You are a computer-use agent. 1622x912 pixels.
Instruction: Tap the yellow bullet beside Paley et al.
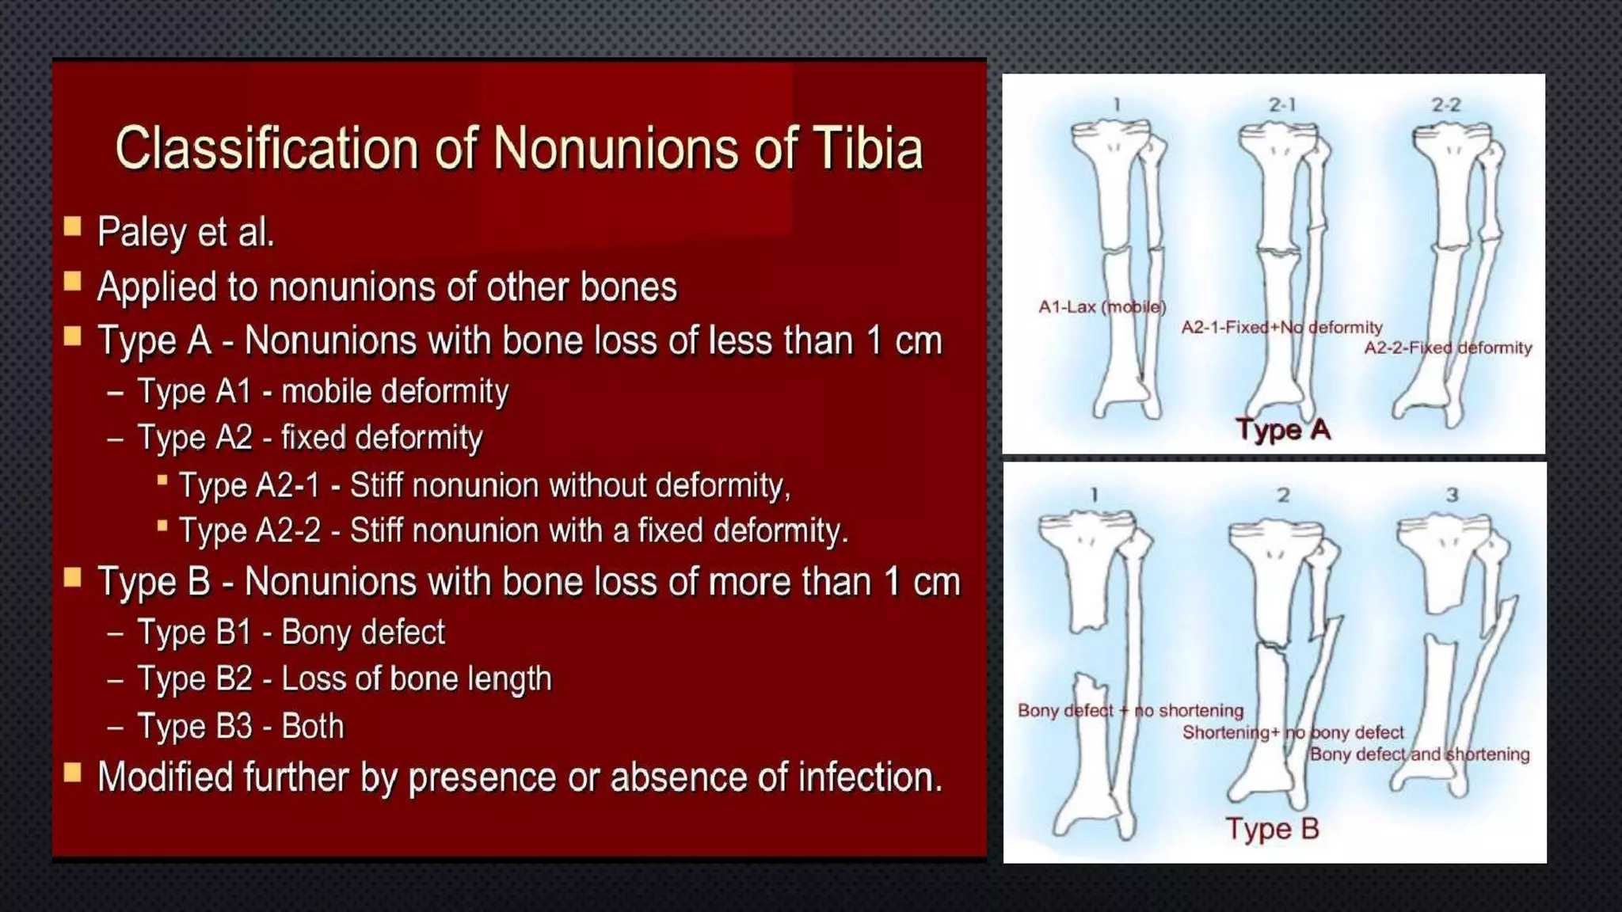click(x=73, y=228)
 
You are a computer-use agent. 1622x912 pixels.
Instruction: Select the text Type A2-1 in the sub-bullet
click(x=249, y=485)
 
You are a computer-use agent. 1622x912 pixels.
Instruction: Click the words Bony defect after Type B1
click(x=363, y=633)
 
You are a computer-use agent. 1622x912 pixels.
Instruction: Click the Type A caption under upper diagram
click(x=1282, y=430)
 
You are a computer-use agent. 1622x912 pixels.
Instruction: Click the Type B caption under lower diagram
click(x=1272, y=829)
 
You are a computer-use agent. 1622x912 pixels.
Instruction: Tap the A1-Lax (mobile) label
click(x=1102, y=307)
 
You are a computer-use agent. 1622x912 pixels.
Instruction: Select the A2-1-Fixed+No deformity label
click(x=1281, y=328)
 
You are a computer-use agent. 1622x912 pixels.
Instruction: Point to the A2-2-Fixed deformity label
click(x=1447, y=348)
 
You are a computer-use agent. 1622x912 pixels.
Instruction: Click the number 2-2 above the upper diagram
click(x=1445, y=105)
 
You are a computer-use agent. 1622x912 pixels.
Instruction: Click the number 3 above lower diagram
click(x=1452, y=495)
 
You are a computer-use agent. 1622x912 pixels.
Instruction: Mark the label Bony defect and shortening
click(x=1419, y=754)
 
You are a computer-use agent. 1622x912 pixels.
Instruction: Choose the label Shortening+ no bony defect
click(x=1293, y=733)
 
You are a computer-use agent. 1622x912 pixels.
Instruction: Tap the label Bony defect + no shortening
click(x=1130, y=711)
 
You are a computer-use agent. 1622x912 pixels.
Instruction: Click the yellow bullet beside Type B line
click(x=73, y=578)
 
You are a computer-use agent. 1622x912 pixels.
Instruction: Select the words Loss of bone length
click(x=416, y=679)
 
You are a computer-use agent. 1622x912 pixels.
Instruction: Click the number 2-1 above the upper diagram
click(x=1281, y=105)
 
